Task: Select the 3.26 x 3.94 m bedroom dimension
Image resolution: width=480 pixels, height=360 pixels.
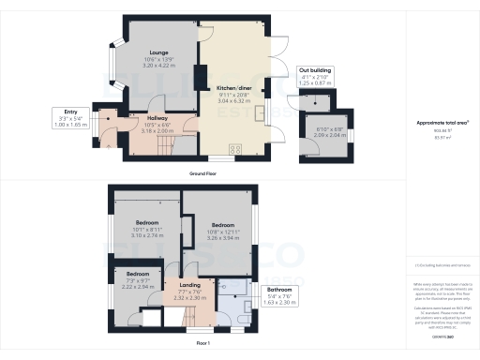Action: [x=222, y=238]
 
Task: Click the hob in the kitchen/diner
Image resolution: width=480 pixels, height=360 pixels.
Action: [x=233, y=148]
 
